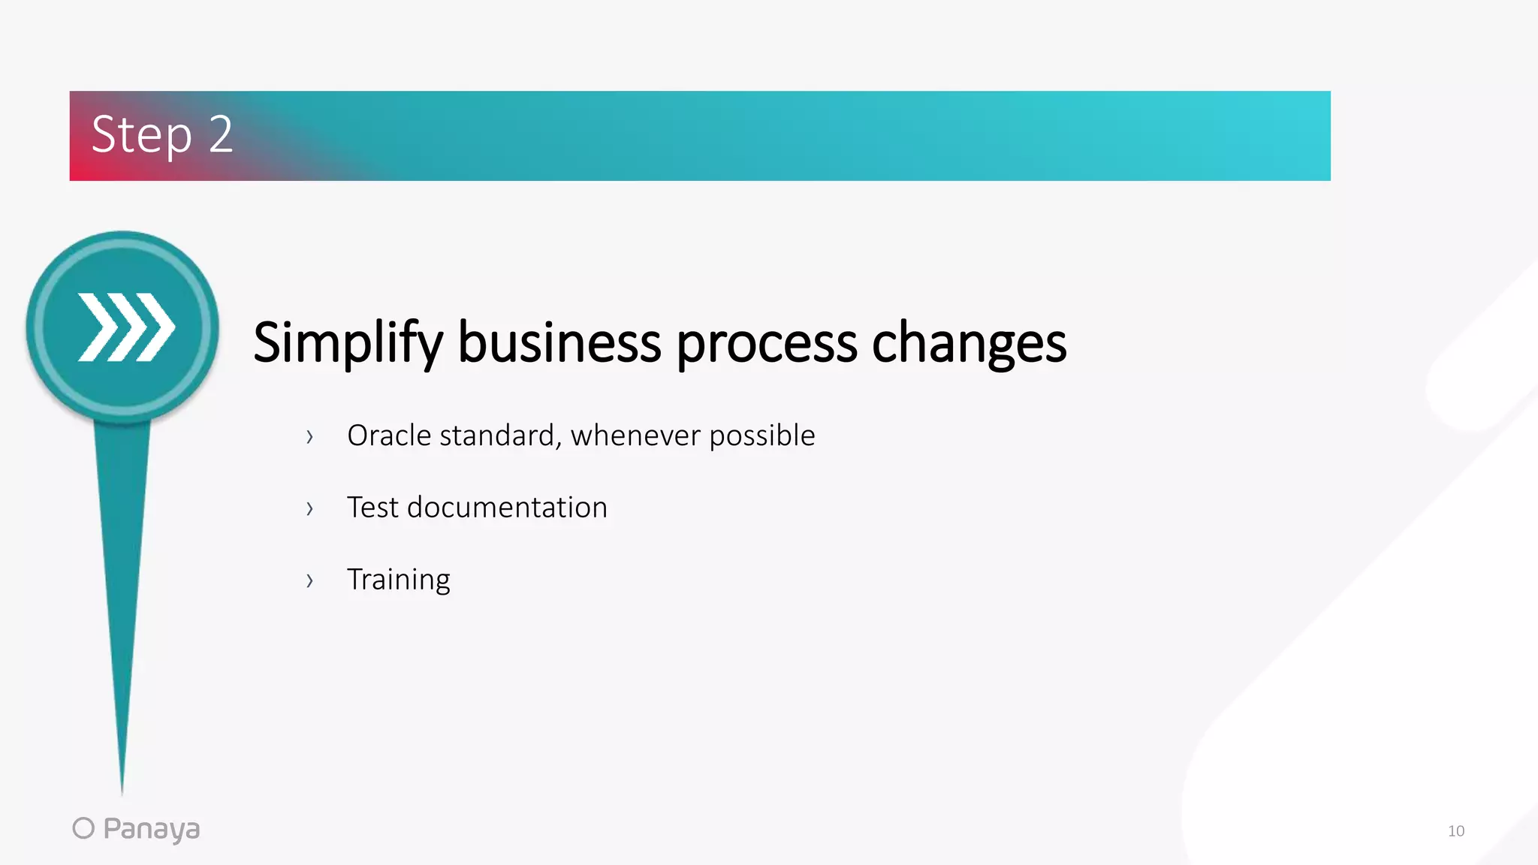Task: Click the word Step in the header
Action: point(141,136)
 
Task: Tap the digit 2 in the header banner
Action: point(221,135)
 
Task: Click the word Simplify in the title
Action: point(347,343)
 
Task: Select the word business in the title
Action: point(559,342)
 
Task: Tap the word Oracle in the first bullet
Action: point(389,436)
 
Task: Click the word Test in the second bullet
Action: point(372,508)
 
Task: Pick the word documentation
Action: point(507,508)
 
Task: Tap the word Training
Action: point(398,580)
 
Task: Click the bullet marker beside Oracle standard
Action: point(309,437)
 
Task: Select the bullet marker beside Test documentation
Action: point(309,509)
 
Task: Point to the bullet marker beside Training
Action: point(309,580)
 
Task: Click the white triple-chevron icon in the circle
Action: point(126,327)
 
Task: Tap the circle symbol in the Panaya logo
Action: point(83,828)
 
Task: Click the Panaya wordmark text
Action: point(151,830)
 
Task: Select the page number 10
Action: point(1455,831)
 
